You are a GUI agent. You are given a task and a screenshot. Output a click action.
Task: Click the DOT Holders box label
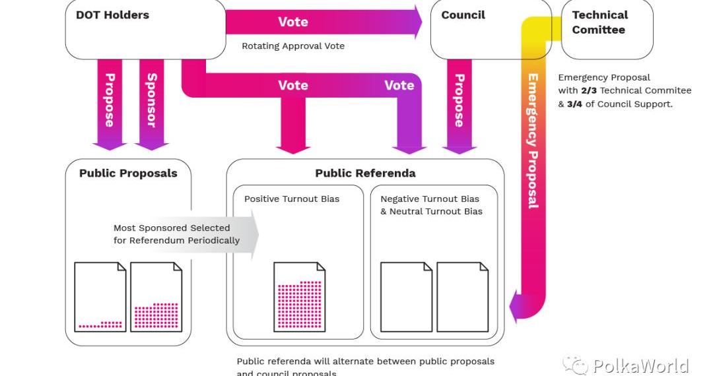[x=112, y=15]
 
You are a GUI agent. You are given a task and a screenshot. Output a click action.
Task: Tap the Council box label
[x=463, y=15]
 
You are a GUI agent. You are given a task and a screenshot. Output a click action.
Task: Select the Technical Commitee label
[x=599, y=22]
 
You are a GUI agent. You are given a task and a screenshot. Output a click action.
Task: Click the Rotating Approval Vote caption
[x=292, y=46]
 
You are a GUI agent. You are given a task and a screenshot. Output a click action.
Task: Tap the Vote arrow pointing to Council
[x=323, y=22]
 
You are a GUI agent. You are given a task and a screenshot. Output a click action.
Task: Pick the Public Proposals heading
[x=128, y=173]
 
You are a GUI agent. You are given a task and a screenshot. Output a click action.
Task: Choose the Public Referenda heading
[x=365, y=173]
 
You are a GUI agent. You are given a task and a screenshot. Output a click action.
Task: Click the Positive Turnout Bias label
[x=292, y=199]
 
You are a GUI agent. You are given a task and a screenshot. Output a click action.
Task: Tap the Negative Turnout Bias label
[x=430, y=199]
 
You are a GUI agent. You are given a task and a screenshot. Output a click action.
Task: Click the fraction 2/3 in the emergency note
[x=589, y=90]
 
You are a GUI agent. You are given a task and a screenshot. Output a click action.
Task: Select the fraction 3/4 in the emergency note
[x=574, y=104]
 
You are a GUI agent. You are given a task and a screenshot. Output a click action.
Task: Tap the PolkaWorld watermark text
[x=640, y=365]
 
